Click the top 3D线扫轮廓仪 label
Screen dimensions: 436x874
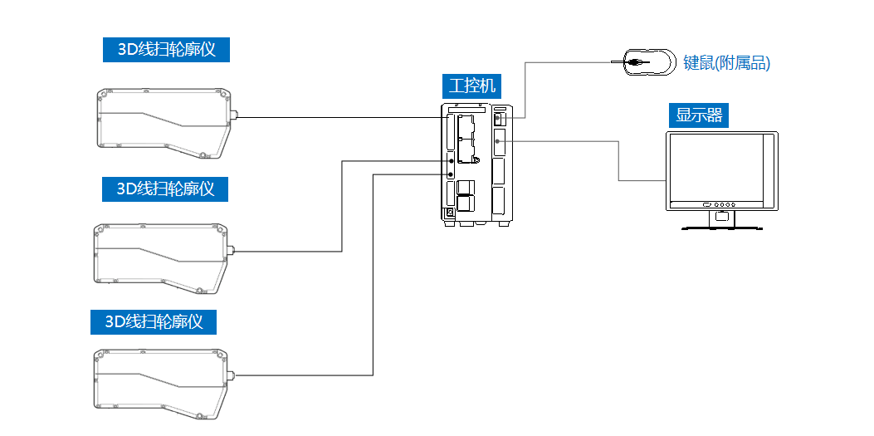click(x=166, y=49)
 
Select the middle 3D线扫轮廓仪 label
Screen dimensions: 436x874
click(x=164, y=189)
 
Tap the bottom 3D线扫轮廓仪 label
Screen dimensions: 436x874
click(x=154, y=321)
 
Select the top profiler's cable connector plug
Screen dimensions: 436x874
click(x=235, y=116)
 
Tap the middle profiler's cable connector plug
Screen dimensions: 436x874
click(x=232, y=250)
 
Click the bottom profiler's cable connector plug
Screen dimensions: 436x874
click(x=233, y=375)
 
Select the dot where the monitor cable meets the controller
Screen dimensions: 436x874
click(x=497, y=142)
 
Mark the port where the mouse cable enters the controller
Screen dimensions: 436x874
click(x=499, y=119)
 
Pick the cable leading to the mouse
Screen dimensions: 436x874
click(x=573, y=62)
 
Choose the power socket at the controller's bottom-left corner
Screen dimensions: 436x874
click(x=450, y=213)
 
